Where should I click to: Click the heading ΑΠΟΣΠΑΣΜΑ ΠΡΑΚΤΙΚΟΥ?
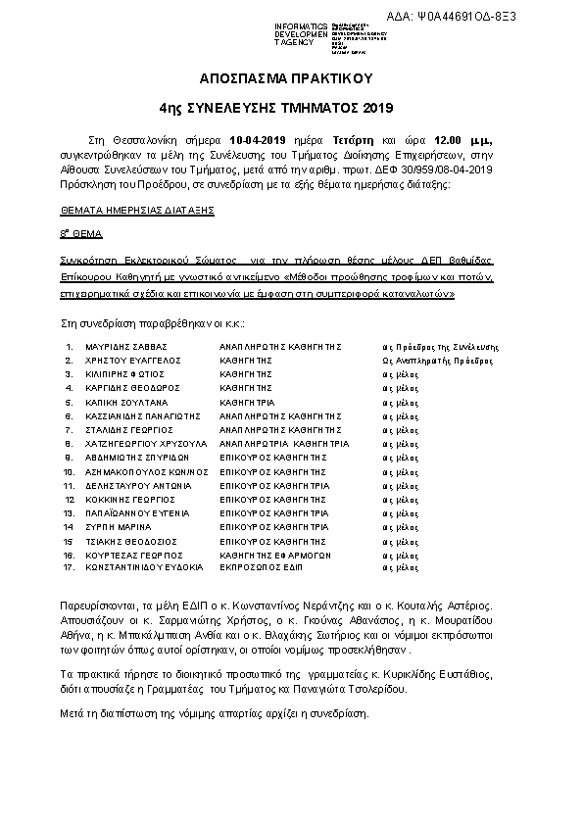pyautogui.click(x=290, y=77)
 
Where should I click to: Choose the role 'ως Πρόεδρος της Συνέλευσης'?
pyautogui.click(x=441, y=348)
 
